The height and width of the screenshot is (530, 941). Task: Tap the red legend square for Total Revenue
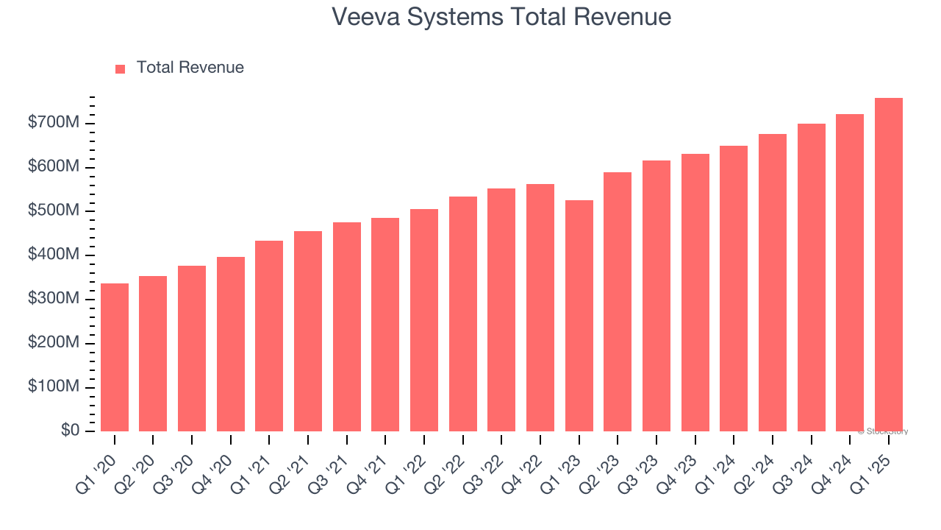(120, 68)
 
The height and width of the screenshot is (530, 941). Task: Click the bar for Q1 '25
(888, 265)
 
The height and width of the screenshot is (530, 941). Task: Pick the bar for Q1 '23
(579, 316)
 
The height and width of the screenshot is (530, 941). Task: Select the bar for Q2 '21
(308, 331)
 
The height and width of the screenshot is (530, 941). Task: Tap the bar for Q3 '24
(811, 278)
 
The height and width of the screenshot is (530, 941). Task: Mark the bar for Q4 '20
(231, 344)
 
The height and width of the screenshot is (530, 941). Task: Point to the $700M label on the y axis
(54, 123)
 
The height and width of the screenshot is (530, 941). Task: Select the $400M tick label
(54, 255)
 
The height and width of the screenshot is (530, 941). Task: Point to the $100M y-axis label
(54, 386)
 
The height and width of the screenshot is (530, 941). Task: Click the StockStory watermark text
(882, 431)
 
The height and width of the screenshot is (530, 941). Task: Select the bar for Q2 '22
(463, 314)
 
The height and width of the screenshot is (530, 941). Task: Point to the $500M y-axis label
(54, 211)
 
